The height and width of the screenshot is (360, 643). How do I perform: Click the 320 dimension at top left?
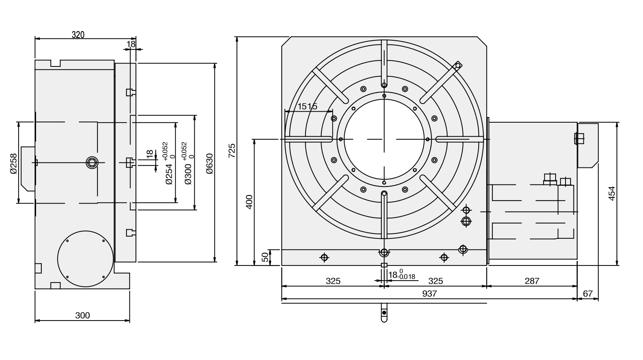click(x=78, y=35)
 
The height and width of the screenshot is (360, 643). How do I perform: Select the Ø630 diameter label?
click(x=210, y=163)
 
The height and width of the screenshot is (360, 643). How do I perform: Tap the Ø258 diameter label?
click(x=14, y=163)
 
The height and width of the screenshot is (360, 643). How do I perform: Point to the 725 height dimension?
click(x=232, y=150)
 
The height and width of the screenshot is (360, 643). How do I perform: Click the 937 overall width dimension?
click(x=429, y=294)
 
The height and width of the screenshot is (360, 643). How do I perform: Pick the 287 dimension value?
click(x=532, y=281)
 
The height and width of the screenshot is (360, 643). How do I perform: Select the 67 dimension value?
click(x=588, y=294)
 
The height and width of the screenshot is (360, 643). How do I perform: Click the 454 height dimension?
click(x=611, y=194)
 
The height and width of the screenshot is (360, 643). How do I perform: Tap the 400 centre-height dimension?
click(x=249, y=202)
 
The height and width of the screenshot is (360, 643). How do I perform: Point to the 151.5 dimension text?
click(x=307, y=107)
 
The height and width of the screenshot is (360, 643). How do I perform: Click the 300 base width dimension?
click(x=82, y=316)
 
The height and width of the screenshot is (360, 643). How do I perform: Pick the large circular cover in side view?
click(x=85, y=259)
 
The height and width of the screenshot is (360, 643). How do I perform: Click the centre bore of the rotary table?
click(x=384, y=139)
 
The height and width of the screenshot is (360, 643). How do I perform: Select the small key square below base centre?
click(x=384, y=265)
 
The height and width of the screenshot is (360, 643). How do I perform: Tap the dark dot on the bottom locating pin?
click(x=384, y=313)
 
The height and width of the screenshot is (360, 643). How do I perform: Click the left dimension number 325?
click(x=333, y=281)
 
